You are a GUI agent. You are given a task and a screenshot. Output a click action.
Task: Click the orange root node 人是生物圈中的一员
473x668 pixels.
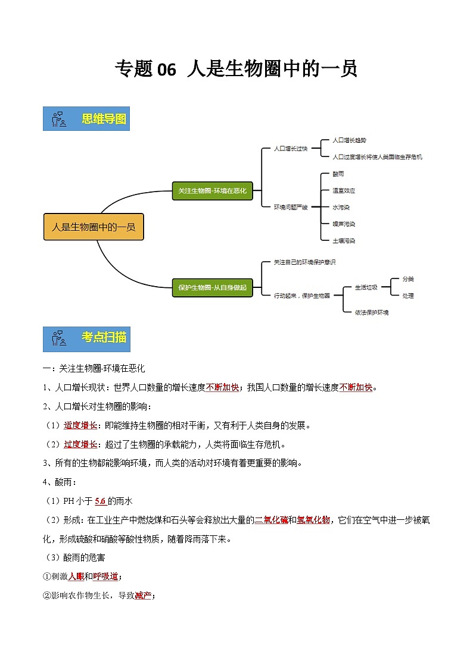pos(94,227)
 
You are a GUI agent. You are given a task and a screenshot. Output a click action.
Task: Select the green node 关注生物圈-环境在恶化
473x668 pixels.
pos(212,191)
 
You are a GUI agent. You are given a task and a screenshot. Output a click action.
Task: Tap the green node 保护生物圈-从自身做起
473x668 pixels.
pos(212,287)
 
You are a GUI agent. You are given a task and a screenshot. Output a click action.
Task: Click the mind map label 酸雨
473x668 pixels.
pos(338,174)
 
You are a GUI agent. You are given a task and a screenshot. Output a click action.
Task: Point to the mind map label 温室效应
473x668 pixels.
pos(343,190)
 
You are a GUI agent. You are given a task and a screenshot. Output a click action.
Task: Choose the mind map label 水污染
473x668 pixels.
pos(341,207)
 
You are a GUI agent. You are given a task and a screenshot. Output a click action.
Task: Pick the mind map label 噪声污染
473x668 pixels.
pos(343,224)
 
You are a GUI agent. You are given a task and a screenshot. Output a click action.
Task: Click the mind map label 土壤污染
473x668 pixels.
pos(343,241)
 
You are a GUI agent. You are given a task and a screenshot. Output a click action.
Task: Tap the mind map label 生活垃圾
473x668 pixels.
pos(366,287)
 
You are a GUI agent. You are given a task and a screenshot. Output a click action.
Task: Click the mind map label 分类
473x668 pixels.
pos(407,278)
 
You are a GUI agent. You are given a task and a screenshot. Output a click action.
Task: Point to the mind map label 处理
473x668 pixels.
pos(407,296)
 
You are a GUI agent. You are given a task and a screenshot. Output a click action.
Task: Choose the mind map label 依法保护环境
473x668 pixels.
pos(372,312)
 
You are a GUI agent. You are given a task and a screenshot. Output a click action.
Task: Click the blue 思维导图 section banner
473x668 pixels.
pos(86,119)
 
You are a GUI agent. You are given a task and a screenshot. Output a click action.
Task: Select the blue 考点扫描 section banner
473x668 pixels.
pos(86,338)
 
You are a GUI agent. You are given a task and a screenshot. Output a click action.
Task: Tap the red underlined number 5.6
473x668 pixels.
pos(100,501)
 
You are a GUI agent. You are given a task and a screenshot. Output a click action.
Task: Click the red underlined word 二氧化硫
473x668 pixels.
pos(271,520)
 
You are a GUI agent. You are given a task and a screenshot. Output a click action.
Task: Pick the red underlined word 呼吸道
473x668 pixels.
pos(105,576)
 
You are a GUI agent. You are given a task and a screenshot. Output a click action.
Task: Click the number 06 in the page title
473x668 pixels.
pos(167,70)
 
